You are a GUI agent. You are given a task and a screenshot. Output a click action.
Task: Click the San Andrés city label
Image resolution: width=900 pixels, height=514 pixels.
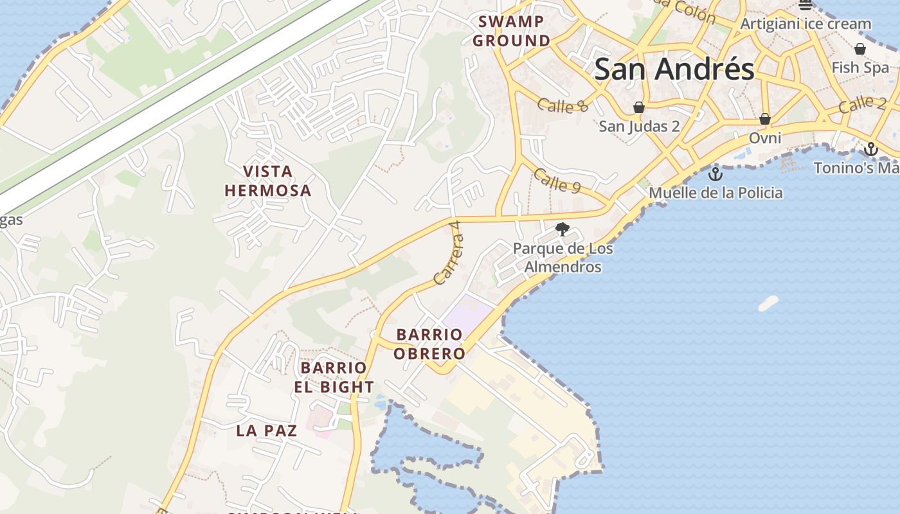point(674,69)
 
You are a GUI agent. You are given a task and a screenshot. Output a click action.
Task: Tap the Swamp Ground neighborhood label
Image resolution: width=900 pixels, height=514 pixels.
point(512,31)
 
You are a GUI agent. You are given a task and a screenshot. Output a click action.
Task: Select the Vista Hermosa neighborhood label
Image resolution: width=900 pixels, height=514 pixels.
point(268,181)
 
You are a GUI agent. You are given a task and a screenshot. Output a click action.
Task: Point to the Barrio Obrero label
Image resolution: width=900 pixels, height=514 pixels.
point(429,344)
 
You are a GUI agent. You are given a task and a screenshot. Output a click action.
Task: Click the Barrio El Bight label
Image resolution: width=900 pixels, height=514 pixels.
point(334,377)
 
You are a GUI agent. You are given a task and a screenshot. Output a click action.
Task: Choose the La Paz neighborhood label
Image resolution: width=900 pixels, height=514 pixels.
point(267,430)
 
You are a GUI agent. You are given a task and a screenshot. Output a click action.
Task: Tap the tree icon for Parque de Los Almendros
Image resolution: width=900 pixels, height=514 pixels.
point(562,229)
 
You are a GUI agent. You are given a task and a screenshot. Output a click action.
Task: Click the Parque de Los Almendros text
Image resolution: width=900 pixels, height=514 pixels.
point(563,258)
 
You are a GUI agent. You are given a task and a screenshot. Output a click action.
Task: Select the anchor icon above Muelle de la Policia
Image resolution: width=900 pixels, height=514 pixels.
point(715,173)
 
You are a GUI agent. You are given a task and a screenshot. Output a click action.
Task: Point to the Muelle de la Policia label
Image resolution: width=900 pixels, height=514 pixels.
point(715,193)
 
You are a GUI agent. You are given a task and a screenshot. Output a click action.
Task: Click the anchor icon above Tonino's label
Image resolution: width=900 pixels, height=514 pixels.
point(871,149)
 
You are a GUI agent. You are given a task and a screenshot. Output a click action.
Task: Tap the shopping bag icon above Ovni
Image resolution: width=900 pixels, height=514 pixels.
point(765,119)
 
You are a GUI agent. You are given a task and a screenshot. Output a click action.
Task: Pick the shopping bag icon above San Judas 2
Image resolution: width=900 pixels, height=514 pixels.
point(639,107)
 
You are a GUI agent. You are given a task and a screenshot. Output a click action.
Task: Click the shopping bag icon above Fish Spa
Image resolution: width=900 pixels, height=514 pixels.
point(860,49)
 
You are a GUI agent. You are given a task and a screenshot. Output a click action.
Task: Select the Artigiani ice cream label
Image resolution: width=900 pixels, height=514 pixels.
point(806,24)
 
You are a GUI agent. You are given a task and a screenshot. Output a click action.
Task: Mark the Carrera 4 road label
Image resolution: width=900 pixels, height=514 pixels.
point(449,253)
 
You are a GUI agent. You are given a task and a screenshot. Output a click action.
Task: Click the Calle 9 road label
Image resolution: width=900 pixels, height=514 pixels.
point(557,181)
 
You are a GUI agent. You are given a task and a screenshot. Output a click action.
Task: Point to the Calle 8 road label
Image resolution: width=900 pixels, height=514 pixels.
point(562,105)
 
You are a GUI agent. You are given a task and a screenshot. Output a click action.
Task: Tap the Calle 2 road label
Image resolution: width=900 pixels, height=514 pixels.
point(863,103)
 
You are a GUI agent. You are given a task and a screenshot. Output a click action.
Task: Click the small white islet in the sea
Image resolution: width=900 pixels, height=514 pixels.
point(768,303)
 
